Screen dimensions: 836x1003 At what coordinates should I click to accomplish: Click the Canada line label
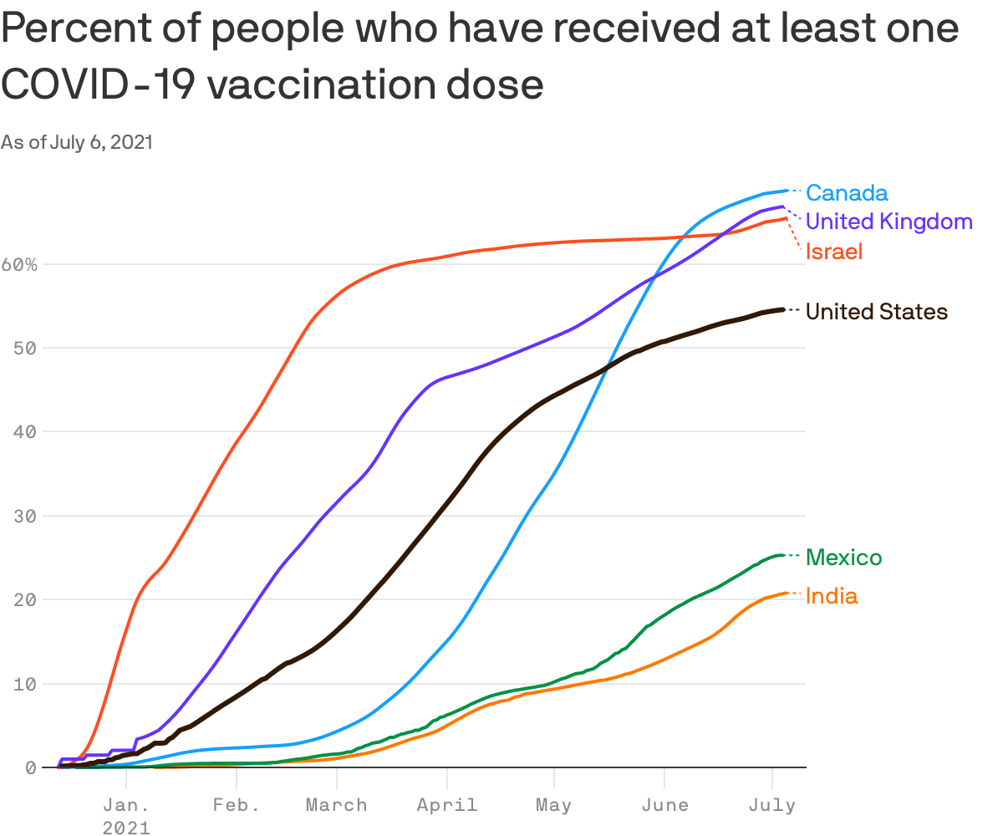[x=846, y=193]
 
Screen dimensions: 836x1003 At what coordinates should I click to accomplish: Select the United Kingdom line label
[x=888, y=222]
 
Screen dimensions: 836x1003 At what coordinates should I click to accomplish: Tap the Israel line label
[x=833, y=252]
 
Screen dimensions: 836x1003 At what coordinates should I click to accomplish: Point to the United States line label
[x=876, y=312]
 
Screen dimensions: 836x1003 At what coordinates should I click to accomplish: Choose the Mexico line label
[x=843, y=558]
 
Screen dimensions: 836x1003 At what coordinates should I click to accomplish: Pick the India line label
[x=831, y=596]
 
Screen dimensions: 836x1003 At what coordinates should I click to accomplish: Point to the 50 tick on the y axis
[x=26, y=348]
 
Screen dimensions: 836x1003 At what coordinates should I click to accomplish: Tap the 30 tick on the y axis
[x=26, y=516]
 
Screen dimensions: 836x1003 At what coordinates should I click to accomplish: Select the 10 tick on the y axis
[x=26, y=684]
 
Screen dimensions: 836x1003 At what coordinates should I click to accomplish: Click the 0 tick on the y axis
[x=32, y=767]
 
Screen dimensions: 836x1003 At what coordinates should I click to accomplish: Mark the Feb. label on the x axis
[x=236, y=805]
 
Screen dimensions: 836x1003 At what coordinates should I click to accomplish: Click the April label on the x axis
[x=447, y=805]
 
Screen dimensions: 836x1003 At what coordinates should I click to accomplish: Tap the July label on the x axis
[x=771, y=805]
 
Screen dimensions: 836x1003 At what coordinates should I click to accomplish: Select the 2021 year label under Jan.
[x=126, y=828]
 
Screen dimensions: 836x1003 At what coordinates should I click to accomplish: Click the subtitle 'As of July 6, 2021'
[x=77, y=143]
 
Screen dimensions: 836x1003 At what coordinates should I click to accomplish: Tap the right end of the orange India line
[x=786, y=593]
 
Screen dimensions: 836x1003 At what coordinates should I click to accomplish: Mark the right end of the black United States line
[x=782, y=309]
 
